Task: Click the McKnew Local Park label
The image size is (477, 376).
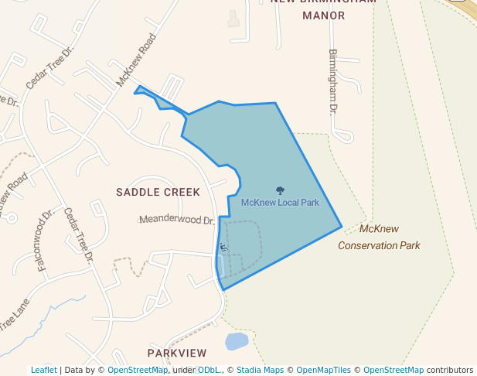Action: tap(280, 203)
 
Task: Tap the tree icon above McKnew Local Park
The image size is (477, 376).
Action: tap(280, 190)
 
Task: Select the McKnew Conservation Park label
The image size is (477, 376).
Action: tap(379, 238)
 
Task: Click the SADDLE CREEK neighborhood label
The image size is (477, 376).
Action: tap(158, 192)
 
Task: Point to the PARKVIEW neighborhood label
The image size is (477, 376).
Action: tap(177, 353)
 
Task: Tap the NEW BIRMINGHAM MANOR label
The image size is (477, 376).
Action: tap(323, 8)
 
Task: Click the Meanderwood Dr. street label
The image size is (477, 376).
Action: tap(176, 220)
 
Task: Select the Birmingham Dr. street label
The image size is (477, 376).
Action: tap(333, 82)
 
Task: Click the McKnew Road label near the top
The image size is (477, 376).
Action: tap(137, 60)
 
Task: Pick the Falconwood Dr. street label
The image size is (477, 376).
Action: tap(40, 249)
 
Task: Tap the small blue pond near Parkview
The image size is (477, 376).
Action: tap(237, 341)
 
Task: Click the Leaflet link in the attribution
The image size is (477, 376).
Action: tap(44, 370)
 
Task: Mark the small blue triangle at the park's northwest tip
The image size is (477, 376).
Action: tap(141, 91)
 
